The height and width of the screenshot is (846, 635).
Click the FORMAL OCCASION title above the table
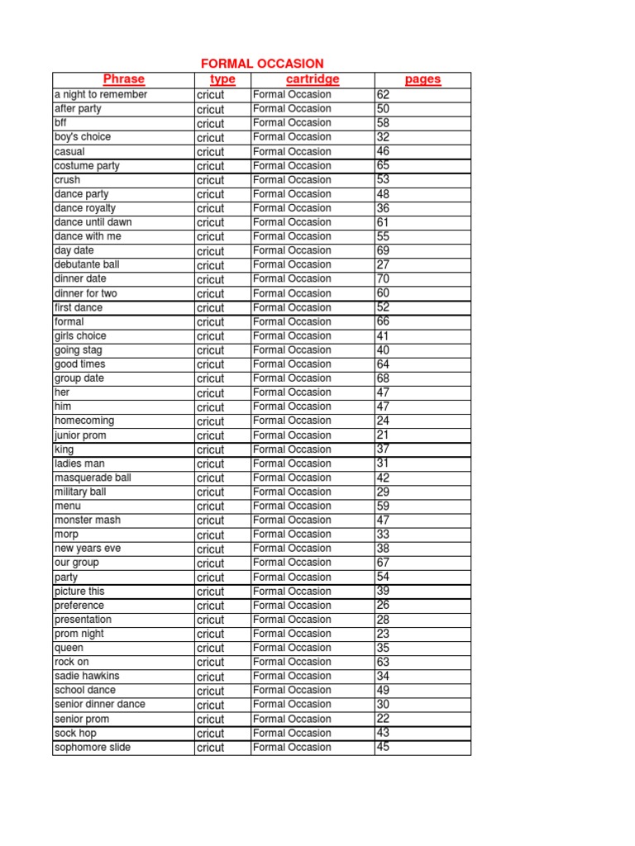point(263,64)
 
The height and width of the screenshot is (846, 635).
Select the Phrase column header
point(124,79)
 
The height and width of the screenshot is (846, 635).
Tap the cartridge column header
point(313,79)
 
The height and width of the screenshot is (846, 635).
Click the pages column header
point(423,79)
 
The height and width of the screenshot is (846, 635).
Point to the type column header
point(222,79)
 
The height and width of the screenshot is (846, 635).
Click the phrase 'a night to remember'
point(101,95)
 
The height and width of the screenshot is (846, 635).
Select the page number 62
point(383,95)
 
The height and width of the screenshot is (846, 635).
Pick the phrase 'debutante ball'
point(87,264)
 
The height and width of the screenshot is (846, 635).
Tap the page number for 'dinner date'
point(383,278)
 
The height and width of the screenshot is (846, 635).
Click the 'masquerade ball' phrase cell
point(93,478)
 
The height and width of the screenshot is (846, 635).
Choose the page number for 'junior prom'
point(383,435)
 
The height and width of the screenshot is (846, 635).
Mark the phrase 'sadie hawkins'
point(87,676)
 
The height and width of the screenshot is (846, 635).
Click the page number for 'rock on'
point(383,662)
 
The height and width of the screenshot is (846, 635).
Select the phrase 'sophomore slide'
point(93,748)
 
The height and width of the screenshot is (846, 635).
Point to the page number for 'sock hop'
point(383,733)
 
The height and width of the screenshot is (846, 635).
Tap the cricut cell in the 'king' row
point(210,449)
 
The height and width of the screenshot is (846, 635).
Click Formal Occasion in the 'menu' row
point(292,506)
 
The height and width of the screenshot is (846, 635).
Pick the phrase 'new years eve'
point(88,549)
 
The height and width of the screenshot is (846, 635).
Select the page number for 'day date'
point(383,250)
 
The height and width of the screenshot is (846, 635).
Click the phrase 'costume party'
point(87,166)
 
